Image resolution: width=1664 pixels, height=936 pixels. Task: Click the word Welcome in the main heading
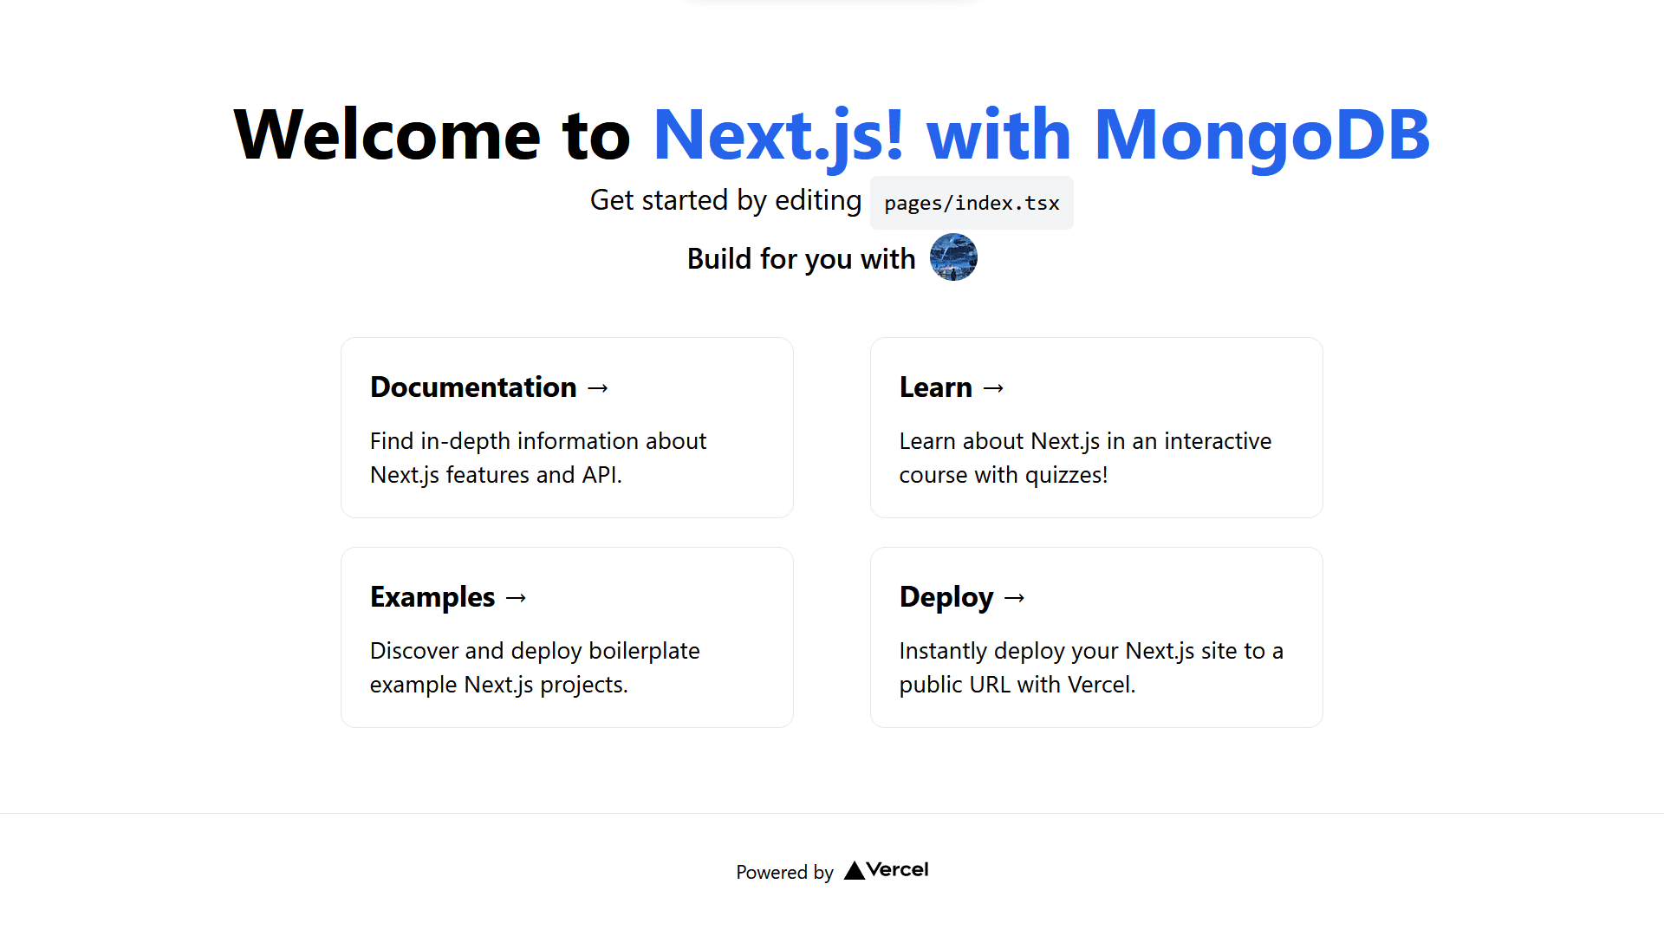click(x=387, y=134)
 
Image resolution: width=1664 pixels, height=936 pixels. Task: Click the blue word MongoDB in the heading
click(x=1262, y=136)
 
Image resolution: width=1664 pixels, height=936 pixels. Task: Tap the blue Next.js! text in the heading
click(x=778, y=136)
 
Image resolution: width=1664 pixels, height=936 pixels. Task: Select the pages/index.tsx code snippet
click(x=972, y=203)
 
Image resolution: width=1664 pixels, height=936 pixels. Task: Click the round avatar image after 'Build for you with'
click(x=953, y=257)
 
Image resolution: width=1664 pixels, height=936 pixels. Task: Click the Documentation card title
click(x=473, y=387)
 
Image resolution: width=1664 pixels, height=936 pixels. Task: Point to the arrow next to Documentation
click(x=598, y=388)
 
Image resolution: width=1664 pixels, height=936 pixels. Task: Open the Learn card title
click(x=936, y=387)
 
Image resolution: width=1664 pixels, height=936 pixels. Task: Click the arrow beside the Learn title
click(x=994, y=388)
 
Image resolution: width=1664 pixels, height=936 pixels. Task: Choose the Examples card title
click(x=432, y=597)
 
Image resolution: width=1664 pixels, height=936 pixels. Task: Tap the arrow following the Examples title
click(x=517, y=598)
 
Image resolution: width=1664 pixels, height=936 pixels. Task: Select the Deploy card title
click(x=946, y=597)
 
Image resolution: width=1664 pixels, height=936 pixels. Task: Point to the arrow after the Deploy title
click(x=1015, y=598)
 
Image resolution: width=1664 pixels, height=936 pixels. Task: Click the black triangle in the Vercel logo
click(x=855, y=870)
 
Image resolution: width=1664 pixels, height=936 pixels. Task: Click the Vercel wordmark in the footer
click(x=897, y=869)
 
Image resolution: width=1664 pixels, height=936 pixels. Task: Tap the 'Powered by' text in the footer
click(x=785, y=872)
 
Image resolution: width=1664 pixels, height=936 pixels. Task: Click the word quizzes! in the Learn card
click(x=1066, y=475)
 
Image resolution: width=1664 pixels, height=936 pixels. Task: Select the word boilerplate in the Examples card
click(x=644, y=651)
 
